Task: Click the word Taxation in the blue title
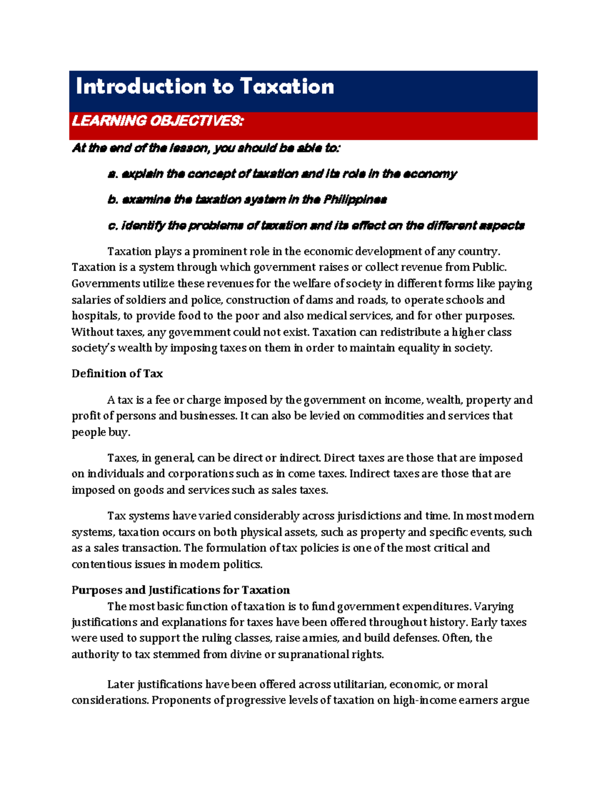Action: [x=287, y=87]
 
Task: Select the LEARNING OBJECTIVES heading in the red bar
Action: [x=157, y=121]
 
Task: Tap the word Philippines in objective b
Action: [x=355, y=199]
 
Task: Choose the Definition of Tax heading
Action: [x=117, y=374]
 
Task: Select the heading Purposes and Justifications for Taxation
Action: [x=181, y=590]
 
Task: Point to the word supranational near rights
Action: [x=312, y=654]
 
